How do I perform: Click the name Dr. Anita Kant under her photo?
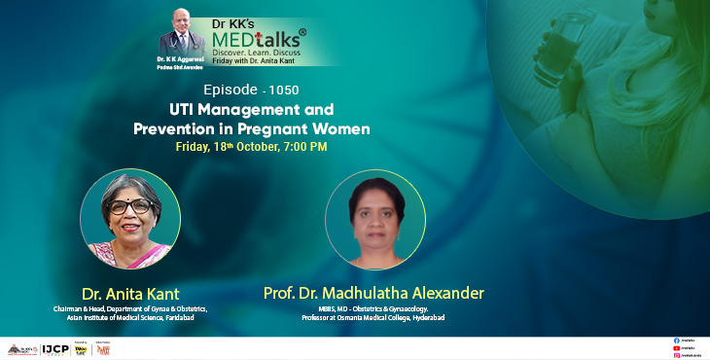(131, 293)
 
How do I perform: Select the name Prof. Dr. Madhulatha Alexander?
(373, 293)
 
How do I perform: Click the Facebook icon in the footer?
(676, 340)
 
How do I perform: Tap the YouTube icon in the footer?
(676, 347)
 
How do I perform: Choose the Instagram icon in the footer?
(676, 355)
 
